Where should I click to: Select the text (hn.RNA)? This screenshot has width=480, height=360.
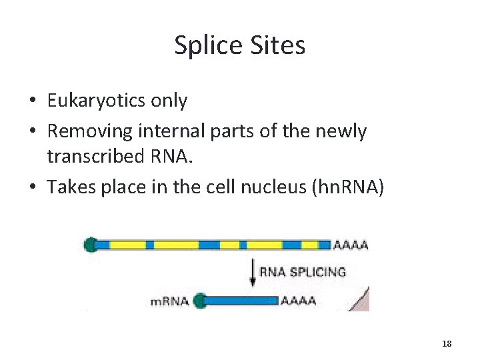[x=347, y=187]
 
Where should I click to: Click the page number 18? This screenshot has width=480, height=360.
[x=447, y=343]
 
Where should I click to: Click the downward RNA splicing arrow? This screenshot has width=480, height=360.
[x=253, y=272]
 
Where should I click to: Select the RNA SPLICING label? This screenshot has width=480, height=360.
[x=302, y=272]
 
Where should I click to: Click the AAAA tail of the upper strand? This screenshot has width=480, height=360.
[x=350, y=245]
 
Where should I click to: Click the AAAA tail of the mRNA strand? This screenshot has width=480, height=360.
[x=297, y=301]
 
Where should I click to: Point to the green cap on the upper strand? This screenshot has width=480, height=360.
[x=91, y=245]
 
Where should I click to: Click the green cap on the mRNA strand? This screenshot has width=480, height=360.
[x=198, y=301]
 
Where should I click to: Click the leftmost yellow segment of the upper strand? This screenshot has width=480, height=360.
[x=127, y=245]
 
